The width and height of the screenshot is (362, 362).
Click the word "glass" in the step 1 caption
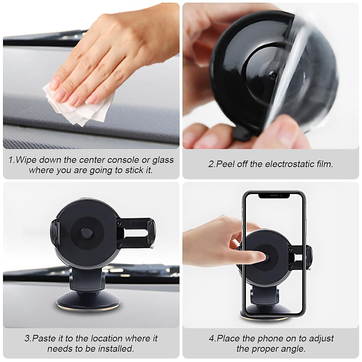coord(163,160)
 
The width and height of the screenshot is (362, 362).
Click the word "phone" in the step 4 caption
coord(269,338)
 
